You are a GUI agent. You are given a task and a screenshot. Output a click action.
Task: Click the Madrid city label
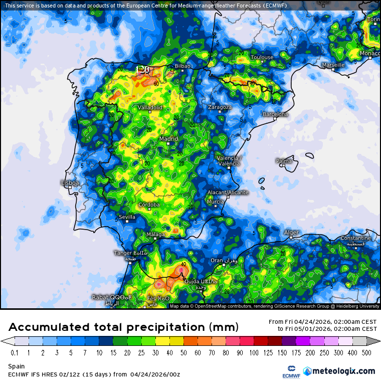pyautogui.click(x=168, y=138)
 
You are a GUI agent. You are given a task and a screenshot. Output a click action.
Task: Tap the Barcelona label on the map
pyautogui.click(x=276, y=114)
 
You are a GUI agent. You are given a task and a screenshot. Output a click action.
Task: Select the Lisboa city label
pyautogui.click(x=70, y=183)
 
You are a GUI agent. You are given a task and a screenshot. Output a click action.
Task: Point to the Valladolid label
pyautogui.click(x=150, y=107)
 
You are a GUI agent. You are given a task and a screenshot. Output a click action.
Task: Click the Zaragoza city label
pyautogui.click(x=220, y=107)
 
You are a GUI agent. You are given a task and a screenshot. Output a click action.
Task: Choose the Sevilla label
pyautogui.click(x=127, y=217)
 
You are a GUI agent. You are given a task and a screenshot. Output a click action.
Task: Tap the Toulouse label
pyautogui.click(x=262, y=57)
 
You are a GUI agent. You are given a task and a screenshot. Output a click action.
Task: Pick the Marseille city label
pyautogui.click(x=333, y=65)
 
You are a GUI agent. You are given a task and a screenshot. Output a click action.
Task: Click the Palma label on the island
pyautogui.click(x=284, y=161)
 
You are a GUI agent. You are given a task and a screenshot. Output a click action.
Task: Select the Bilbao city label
pyautogui.click(x=182, y=66)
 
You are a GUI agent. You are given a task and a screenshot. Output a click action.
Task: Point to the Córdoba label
pyautogui.click(x=149, y=205)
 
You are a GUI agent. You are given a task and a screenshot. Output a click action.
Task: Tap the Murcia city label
pyautogui.click(x=215, y=202)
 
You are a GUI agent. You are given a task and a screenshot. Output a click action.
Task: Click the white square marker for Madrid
pyautogui.click(x=168, y=144)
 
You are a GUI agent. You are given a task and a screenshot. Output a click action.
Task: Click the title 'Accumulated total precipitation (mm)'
pyautogui.click(x=123, y=327)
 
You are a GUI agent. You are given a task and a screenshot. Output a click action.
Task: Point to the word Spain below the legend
pyautogui.click(x=16, y=366)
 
